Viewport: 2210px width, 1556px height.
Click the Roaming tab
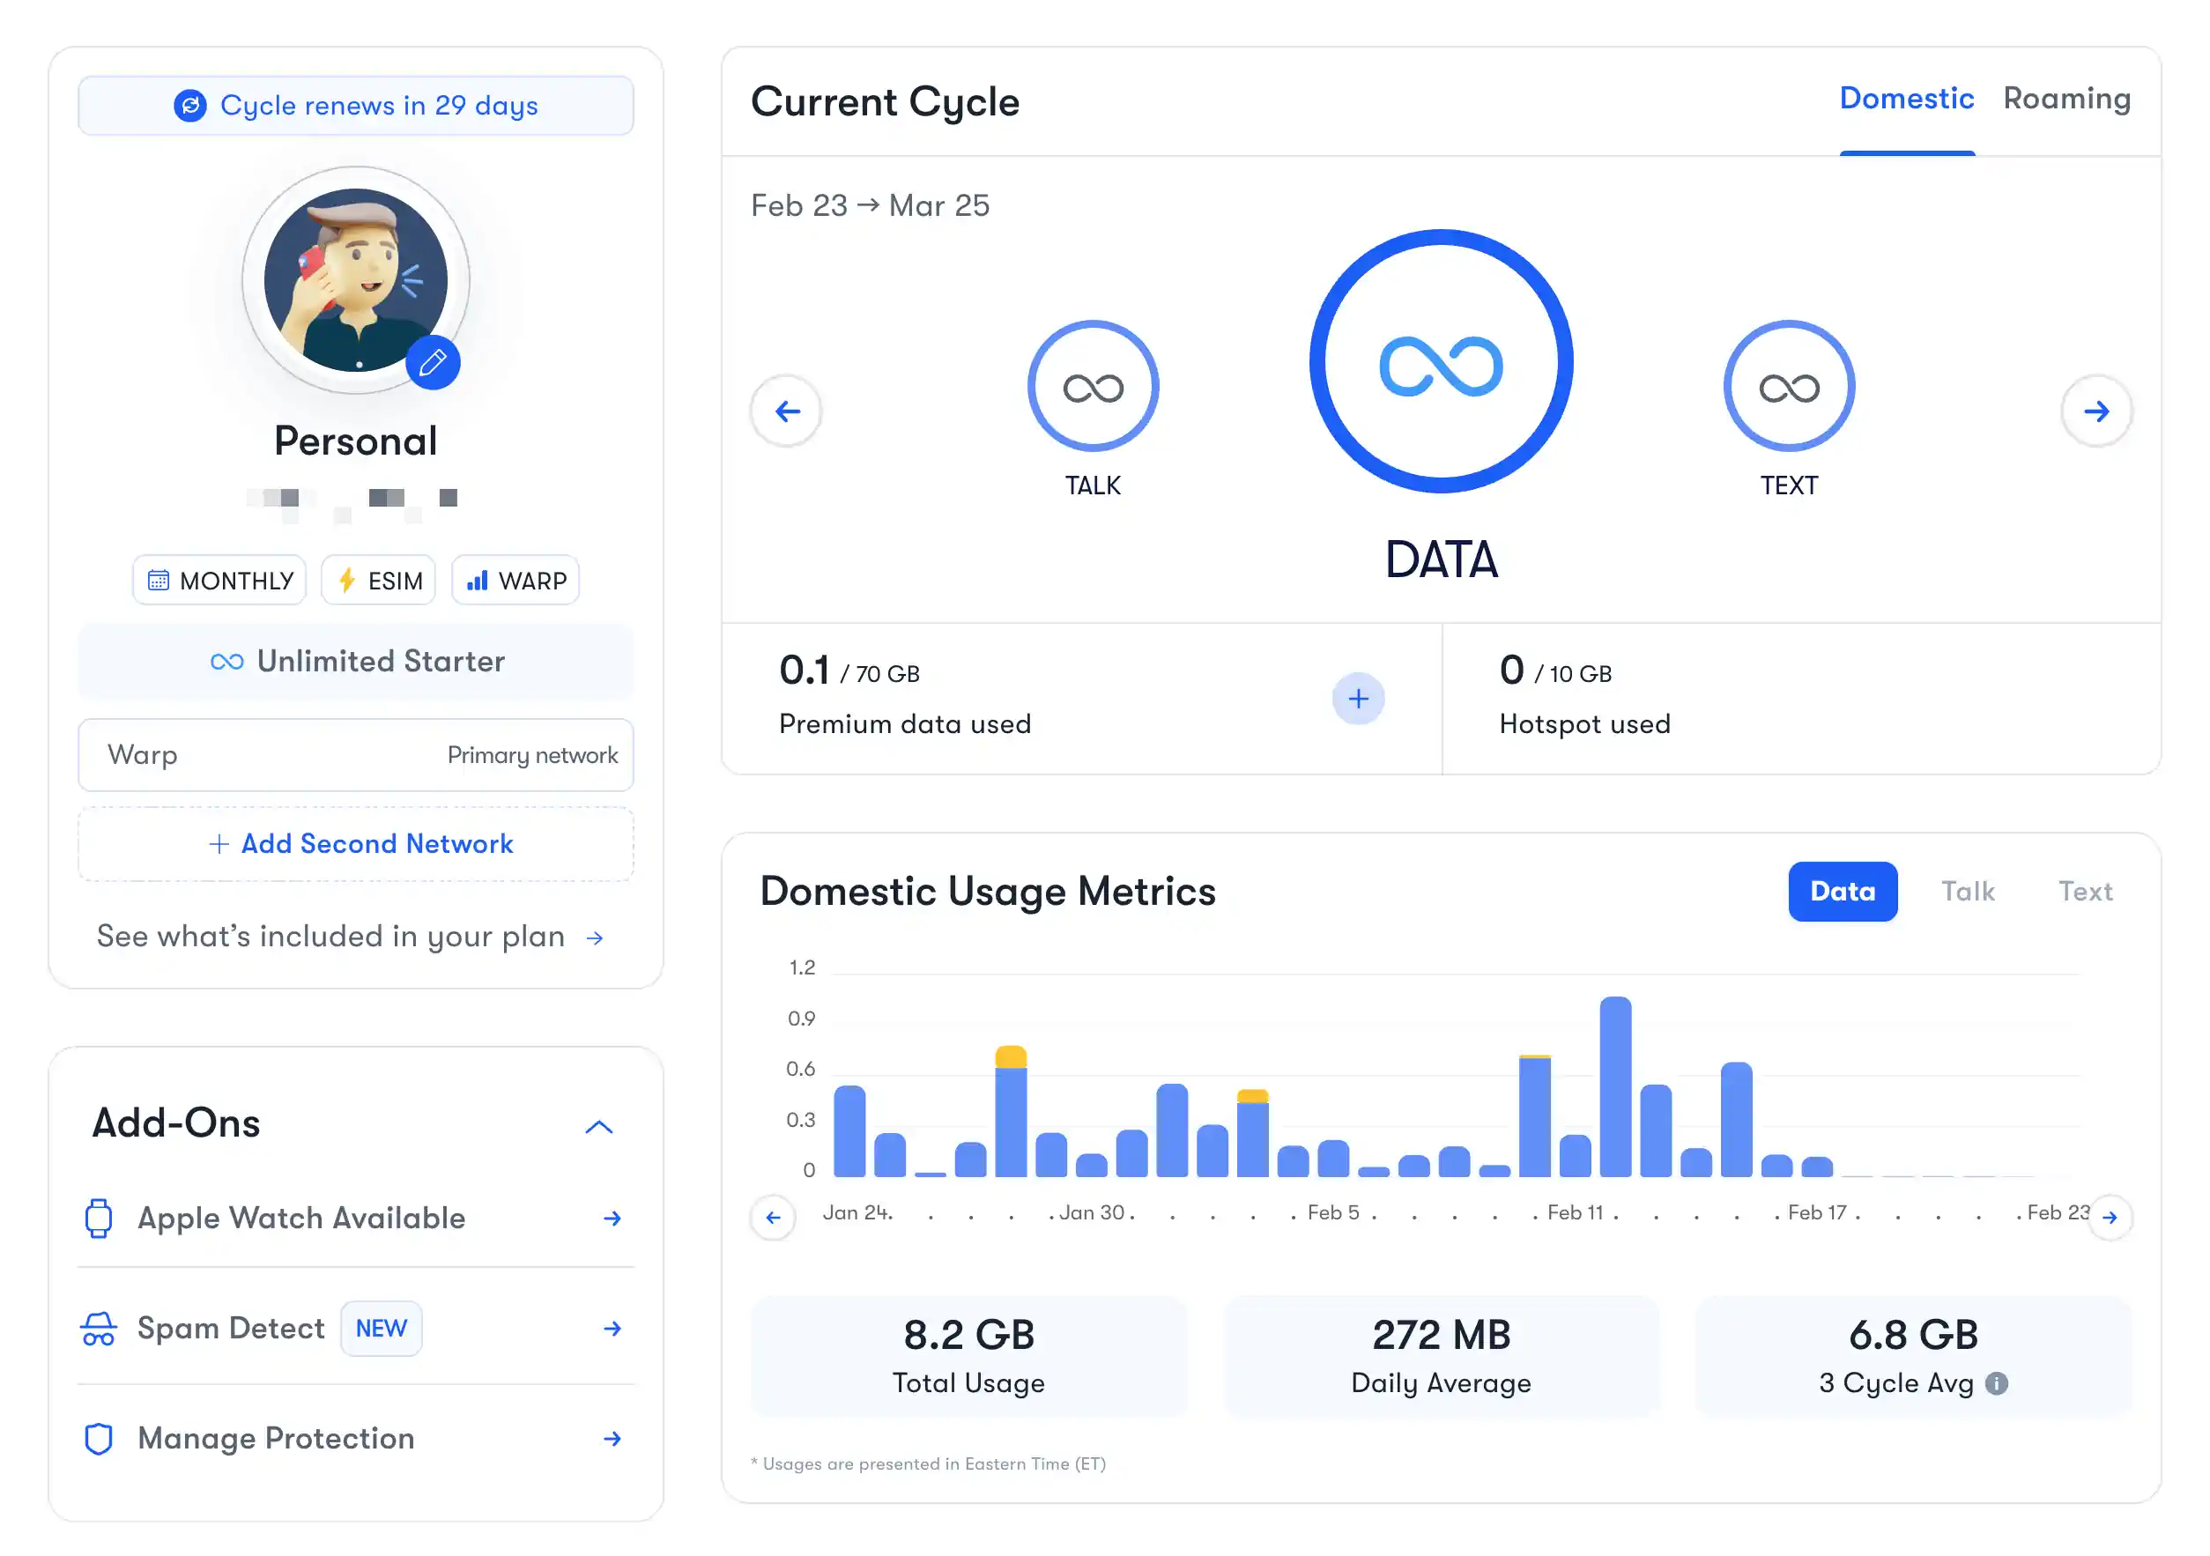2065,99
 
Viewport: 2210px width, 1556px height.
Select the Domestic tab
1906,99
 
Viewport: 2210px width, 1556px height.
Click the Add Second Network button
355,844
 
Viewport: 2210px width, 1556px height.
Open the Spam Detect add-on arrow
612,1329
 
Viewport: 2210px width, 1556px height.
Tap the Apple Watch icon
98,1219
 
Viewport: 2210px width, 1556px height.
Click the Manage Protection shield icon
98,1439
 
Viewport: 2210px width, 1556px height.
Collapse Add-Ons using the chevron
598,1127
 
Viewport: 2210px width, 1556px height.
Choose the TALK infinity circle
1093,387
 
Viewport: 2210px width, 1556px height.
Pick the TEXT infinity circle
1789,387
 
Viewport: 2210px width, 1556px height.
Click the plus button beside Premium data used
1357,699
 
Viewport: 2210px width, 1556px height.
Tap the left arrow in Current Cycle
786,411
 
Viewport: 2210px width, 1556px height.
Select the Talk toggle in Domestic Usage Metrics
1967,892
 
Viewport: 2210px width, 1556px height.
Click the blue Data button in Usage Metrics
1843,892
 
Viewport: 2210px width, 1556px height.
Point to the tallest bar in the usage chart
1615,1087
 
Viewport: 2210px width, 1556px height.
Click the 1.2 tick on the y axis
802,968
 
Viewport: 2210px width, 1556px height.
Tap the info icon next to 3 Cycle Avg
1998,1384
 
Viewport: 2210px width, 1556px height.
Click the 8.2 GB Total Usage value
968,1336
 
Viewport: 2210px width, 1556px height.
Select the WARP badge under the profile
515,582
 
